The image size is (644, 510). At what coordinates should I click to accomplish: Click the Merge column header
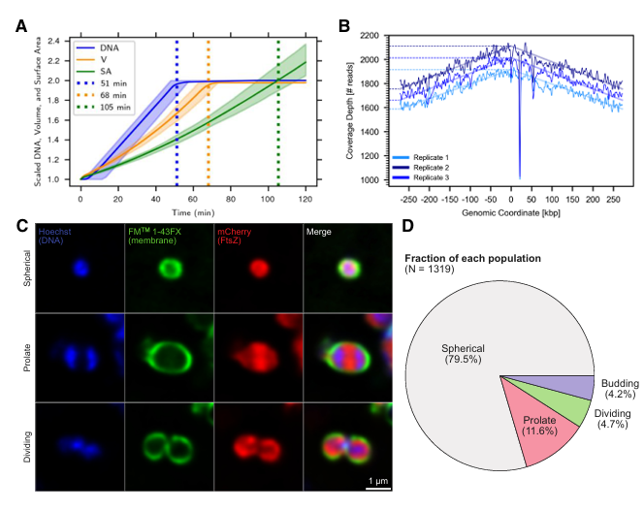(x=320, y=232)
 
